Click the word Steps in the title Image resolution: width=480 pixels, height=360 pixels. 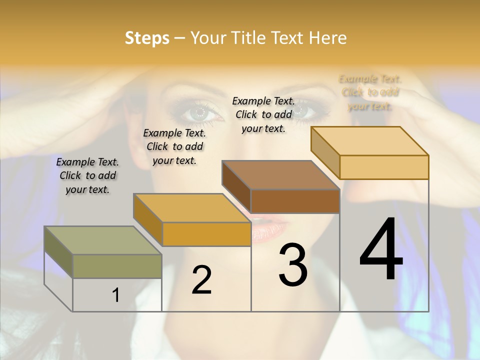point(147,38)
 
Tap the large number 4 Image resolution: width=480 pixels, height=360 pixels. point(381,250)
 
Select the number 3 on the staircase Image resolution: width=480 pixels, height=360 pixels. point(293,265)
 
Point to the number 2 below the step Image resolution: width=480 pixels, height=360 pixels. point(201,280)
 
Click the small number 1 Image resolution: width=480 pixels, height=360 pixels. point(116,295)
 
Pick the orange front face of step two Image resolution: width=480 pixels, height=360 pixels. point(206,234)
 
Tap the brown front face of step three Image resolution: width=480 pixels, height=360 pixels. point(295,201)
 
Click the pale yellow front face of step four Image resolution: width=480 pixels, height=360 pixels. point(384,167)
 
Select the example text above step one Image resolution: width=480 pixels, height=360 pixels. point(87,175)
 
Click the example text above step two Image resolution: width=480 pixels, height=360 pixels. point(174,146)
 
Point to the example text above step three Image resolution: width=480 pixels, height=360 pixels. point(263,114)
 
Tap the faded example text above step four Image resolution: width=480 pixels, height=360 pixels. point(370,92)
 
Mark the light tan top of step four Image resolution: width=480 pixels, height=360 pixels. point(370,140)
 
